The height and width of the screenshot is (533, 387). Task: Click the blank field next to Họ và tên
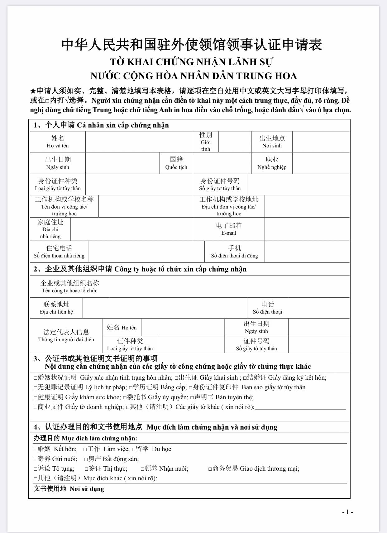click(139, 142)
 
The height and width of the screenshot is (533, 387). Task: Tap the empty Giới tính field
click(235, 142)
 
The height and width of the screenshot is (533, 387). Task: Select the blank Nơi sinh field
click(321, 142)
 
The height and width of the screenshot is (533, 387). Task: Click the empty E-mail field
click(307, 229)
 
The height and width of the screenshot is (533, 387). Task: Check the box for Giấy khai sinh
click(176, 378)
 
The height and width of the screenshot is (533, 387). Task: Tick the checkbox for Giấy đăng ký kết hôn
click(245, 378)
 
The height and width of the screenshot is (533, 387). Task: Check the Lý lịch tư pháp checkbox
click(36, 388)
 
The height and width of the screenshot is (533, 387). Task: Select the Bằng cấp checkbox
click(131, 388)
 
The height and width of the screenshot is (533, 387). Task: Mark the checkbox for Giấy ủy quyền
click(125, 398)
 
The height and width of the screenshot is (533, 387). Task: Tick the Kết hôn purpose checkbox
click(36, 449)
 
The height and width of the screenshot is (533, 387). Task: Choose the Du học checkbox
click(134, 449)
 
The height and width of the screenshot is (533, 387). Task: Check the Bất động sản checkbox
click(86, 459)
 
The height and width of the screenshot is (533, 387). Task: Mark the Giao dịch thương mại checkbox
click(210, 469)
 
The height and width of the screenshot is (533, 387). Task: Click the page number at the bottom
click(347, 512)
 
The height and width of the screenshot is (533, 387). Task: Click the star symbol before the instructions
click(33, 91)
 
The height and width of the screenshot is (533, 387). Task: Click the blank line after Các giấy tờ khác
click(300, 407)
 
